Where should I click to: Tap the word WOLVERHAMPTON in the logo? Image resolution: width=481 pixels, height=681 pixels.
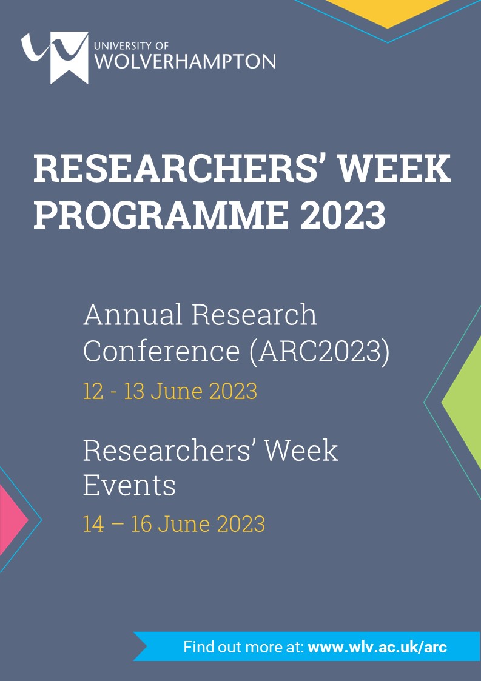coord(185,61)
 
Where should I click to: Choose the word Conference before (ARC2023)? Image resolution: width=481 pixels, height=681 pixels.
coord(161,351)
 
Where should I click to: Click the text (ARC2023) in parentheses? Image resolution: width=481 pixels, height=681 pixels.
coord(320,352)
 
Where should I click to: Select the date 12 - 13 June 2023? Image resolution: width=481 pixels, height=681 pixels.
coord(170,391)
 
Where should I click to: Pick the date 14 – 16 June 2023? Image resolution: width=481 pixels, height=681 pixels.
coord(174,524)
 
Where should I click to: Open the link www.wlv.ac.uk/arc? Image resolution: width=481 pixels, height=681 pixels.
coord(377,647)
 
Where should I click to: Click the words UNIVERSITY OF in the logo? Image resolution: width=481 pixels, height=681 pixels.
coord(131,45)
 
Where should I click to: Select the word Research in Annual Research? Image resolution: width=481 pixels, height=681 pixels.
coord(254,314)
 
